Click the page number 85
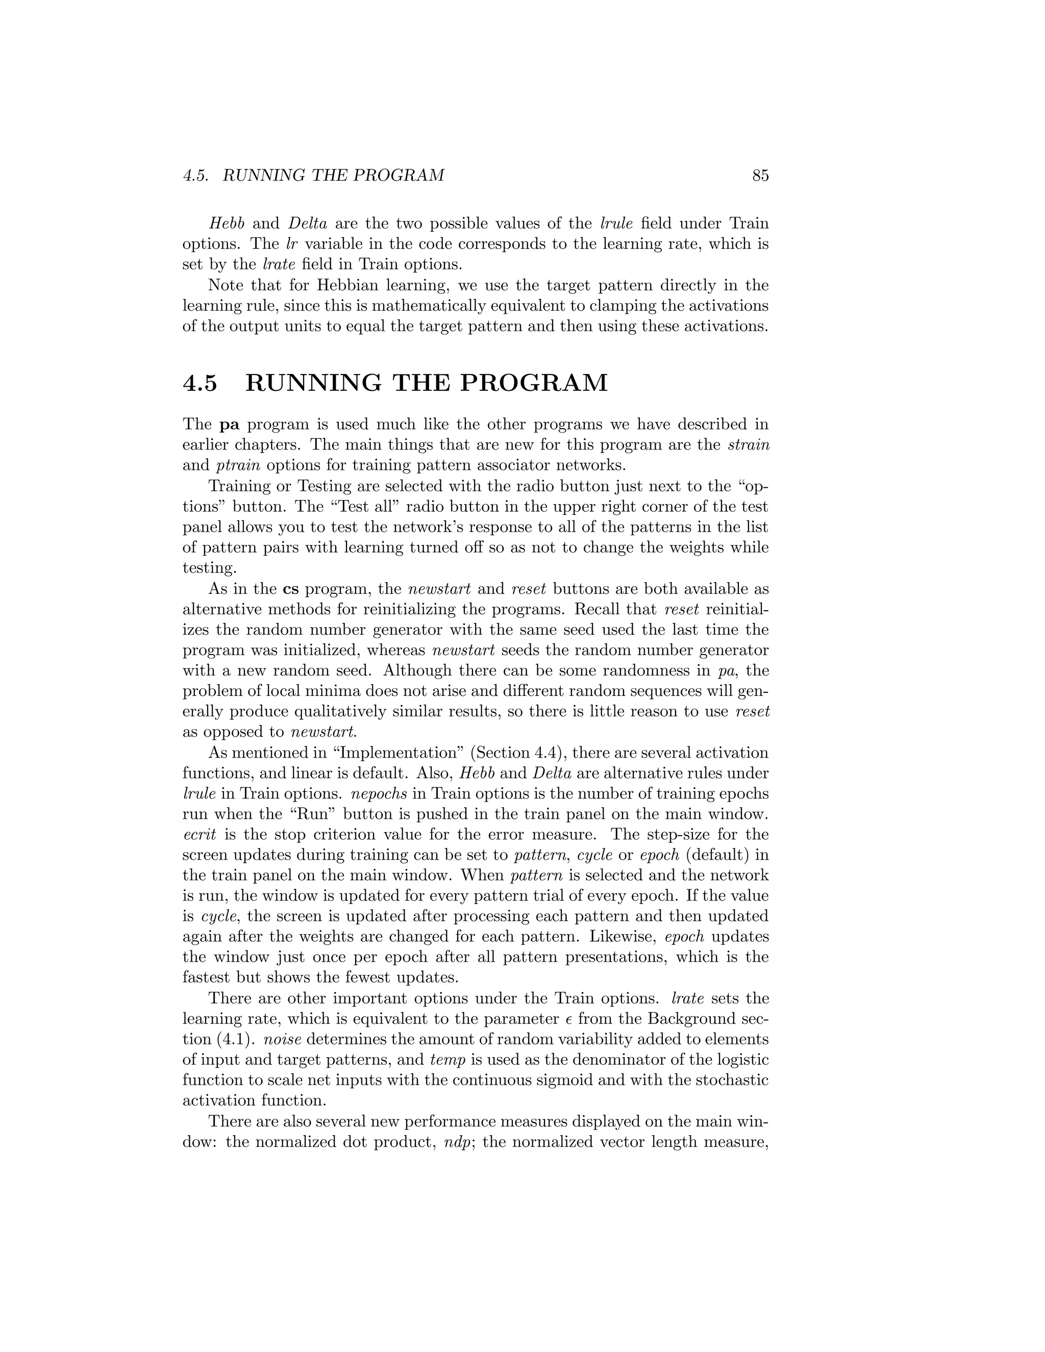coord(760,176)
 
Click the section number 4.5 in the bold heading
coord(200,383)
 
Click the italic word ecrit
coord(200,835)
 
